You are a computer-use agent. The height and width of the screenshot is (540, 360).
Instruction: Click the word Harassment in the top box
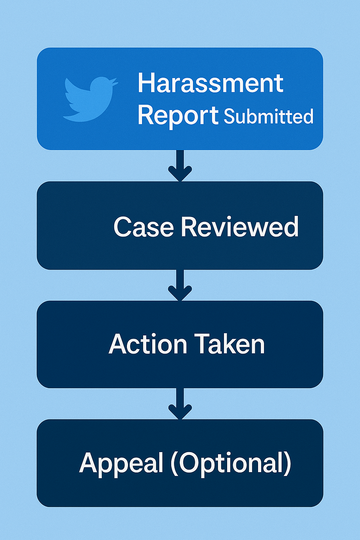pos(210,83)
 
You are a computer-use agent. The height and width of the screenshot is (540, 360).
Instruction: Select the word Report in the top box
pos(178,115)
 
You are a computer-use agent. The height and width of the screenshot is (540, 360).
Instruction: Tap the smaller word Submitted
pos(269,117)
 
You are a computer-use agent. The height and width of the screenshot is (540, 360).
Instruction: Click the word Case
pos(143,227)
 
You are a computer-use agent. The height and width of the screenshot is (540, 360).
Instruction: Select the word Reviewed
pos(239,227)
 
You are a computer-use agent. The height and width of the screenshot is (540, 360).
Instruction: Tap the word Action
pos(148,344)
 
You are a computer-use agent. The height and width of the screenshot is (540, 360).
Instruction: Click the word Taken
pos(229,344)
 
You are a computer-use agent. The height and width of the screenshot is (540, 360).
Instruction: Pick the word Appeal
pos(121,463)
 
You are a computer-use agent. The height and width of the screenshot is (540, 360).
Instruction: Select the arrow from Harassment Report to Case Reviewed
pos(180,165)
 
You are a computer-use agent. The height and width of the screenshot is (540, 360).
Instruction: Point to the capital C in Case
pos(123,227)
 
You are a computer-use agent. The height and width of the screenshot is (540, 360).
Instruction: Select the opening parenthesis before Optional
pos(174,463)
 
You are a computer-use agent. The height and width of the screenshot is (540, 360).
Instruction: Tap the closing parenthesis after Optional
pos(288,463)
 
